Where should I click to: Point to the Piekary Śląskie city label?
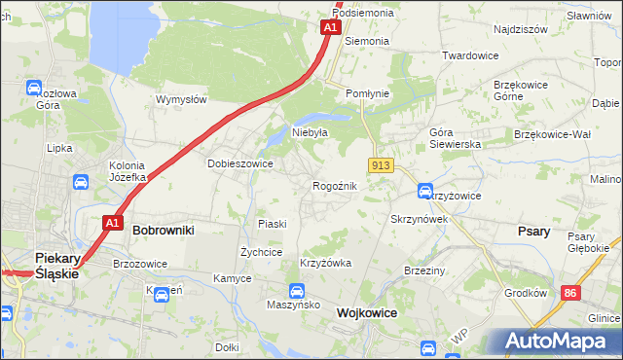coord(56,266)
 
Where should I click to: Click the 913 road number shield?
coord(381,166)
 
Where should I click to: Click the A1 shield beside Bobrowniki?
coord(112,223)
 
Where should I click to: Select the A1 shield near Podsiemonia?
coord(330,28)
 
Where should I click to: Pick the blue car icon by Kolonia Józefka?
coord(81,181)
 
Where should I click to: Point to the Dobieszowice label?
coord(239,163)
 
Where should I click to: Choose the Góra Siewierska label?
coord(456,137)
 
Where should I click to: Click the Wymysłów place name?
coord(181,99)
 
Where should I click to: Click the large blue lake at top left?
coord(122,34)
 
